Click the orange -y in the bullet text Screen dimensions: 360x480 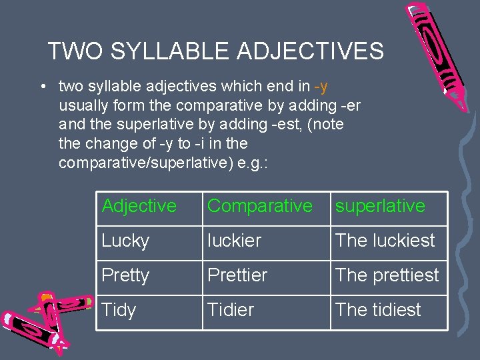(321, 86)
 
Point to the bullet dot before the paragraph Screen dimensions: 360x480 (42, 87)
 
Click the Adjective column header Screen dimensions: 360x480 (139, 206)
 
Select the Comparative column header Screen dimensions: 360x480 (259, 206)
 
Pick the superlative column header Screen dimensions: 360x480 (380, 206)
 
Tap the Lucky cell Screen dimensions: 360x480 (125, 241)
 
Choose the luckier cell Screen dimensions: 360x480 (234, 241)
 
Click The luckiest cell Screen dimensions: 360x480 (385, 241)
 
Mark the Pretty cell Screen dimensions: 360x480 (125, 275)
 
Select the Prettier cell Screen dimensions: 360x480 (237, 275)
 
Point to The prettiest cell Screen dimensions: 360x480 (387, 275)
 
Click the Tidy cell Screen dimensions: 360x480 (119, 310)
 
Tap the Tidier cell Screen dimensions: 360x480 (231, 310)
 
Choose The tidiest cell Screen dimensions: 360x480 (378, 310)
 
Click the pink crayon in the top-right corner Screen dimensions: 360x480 (440, 50)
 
